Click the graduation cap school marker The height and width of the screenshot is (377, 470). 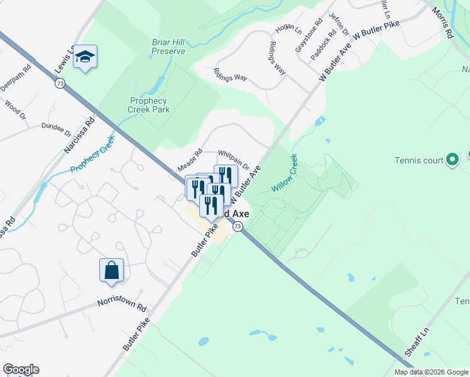85,57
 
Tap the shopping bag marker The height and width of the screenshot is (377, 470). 111,270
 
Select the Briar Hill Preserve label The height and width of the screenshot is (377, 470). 168,47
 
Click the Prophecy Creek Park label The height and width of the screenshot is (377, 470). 149,105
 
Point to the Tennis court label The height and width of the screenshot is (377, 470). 419,160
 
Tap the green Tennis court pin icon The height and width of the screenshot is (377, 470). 451,160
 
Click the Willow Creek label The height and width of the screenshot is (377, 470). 285,173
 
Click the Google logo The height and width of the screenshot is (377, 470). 21,369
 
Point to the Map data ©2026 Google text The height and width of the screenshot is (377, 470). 431,372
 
